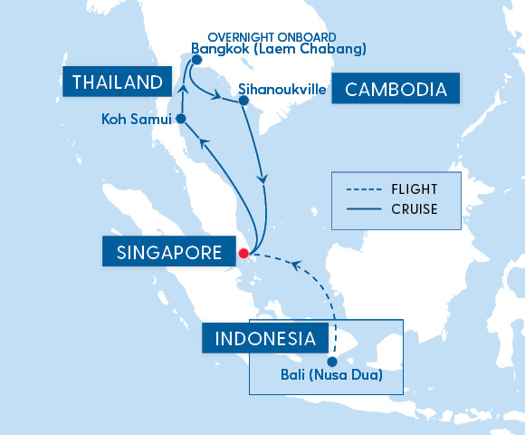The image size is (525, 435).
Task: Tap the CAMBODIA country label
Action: point(396,90)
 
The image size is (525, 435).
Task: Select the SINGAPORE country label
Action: point(169,253)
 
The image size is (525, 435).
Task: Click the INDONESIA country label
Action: point(265,340)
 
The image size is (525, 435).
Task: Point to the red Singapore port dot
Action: point(243,254)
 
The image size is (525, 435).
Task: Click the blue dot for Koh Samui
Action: point(180,119)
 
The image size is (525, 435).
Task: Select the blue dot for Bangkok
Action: point(196,61)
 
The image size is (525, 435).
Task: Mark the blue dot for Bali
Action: point(332,362)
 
